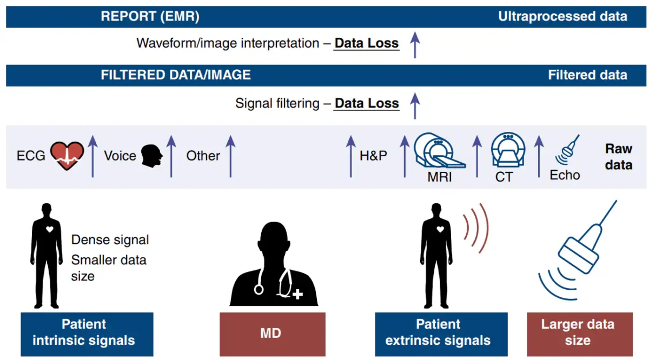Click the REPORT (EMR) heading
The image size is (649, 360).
(150, 16)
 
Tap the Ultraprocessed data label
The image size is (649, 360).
(562, 17)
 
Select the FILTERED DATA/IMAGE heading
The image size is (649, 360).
(176, 75)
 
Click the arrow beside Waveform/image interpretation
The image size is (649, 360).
(415, 45)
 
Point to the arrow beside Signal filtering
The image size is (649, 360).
(415, 106)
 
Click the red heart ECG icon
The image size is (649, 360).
(67, 156)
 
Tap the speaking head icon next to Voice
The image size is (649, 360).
(151, 156)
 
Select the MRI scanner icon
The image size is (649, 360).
(439, 151)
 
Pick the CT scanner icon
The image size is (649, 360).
(508, 150)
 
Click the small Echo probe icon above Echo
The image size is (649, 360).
(567, 149)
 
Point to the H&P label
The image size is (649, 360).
(373, 156)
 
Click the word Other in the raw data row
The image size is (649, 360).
(203, 156)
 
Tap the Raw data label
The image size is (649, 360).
(619, 157)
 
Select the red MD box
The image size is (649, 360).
(273, 334)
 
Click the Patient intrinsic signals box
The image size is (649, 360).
(87, 334)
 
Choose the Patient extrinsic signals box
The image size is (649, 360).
(441, 334)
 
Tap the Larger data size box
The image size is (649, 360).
(580, 334)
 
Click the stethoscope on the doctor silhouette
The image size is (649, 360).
(286, 282)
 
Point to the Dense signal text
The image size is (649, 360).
(110, 240)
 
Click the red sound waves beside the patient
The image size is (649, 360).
(476, 229)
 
